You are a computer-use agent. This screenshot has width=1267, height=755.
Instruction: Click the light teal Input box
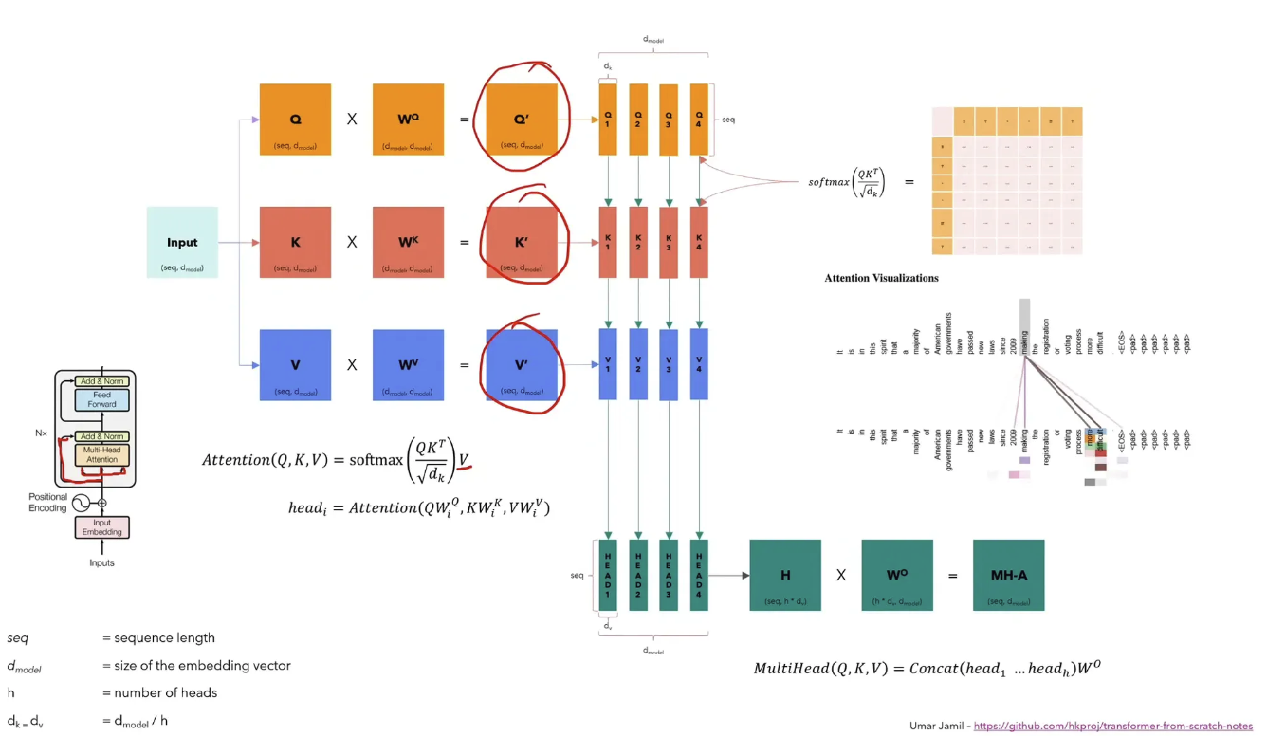pos(182,242)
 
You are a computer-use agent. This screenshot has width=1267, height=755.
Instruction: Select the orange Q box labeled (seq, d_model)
pos(295,120)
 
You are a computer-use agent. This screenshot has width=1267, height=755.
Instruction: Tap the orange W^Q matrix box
pos(408,120)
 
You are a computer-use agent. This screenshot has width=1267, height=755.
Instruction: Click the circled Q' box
pos(522,120)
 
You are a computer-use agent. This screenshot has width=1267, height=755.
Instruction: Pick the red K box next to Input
pos(295,242)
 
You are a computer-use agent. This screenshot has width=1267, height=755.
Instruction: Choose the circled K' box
pos(522,242)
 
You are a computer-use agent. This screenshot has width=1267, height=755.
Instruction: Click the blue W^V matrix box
pos(408,364)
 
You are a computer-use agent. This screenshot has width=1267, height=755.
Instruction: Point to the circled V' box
pos(522,364)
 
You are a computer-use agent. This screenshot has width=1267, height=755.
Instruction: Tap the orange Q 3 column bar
pos(669,120)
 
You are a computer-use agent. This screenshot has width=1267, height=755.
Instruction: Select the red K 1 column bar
pos(608,242)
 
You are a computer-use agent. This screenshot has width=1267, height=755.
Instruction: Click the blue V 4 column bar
pos(699,364)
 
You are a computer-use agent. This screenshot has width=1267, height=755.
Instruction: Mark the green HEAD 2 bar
pos(638,575)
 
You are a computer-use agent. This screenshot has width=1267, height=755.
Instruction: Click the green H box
pos(784,575)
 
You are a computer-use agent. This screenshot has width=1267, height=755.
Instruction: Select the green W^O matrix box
pos(897,575)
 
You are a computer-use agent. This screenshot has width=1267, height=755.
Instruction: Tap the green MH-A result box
pos(1008,575)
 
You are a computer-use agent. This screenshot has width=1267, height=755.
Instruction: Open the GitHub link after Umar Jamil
pos(1112,727)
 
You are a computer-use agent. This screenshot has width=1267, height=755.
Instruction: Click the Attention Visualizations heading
pos(881,278)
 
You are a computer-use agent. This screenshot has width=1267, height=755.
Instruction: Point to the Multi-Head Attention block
pos(102,453)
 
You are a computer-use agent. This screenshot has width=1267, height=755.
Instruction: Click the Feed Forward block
pos(102,398)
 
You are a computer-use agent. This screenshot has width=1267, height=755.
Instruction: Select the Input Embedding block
pos(102,527)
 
